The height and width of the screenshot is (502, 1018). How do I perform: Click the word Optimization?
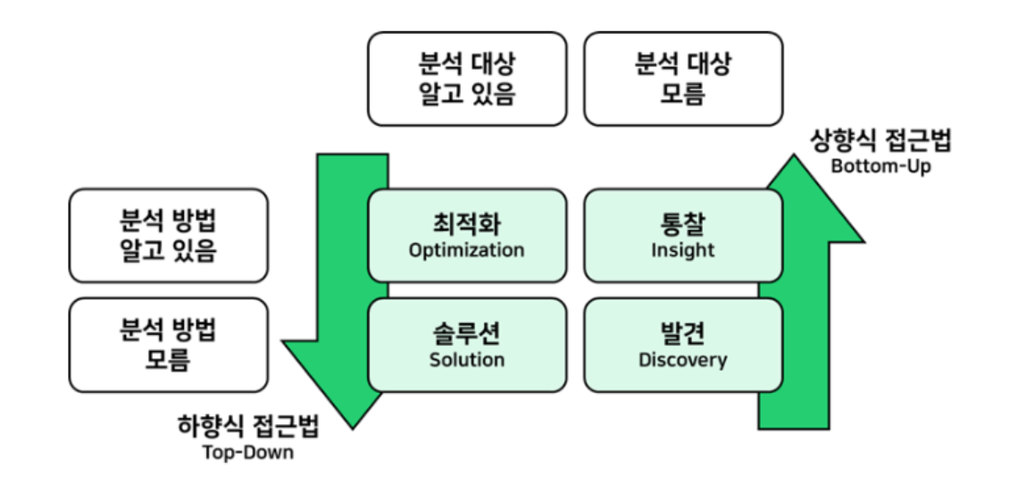(x=466, y=250)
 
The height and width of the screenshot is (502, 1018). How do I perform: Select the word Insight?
(x=682, y=250)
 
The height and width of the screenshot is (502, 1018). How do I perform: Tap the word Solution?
(x=466, y=360)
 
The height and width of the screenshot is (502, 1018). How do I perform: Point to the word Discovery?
(x=682, y=360)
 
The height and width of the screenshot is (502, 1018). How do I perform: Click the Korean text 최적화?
(x=466, y=223)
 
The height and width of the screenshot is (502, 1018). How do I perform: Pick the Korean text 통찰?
(x=682, y=223)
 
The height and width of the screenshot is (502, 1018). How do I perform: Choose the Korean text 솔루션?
(x=466, y=333)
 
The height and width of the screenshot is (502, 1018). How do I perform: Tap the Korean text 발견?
(x=682, y=333)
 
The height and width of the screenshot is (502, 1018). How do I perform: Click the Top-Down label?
(x=248, y=452)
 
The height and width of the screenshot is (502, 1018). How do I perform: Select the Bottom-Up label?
(x=880, y=166)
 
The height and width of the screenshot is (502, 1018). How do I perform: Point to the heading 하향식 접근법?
(x=248, y=427)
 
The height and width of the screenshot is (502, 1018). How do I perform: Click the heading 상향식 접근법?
(x=880, y=141)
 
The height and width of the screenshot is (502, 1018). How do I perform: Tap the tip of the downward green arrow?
(x=353, y=426)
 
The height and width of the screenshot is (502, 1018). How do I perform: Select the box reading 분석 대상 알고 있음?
(x=467, y=79)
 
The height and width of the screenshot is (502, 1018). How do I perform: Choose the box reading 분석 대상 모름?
(x=683, y=79)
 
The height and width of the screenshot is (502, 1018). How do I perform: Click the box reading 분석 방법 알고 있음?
(x=168, y=235)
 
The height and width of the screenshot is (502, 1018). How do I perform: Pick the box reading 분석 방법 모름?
(x=168, y=345)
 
